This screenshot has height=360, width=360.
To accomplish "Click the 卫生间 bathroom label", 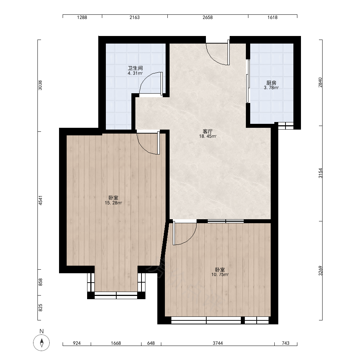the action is click(135, 68).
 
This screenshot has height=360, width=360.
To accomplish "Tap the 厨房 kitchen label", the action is click(271, 83).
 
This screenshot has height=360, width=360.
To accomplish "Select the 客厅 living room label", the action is click(208, 131).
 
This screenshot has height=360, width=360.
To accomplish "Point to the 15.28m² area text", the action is click(113, 203).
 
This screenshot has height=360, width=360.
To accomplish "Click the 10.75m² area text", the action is click(220, 274).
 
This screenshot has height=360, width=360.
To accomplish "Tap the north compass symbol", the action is click(41, 343).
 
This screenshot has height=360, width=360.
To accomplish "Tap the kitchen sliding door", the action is click(248, 81).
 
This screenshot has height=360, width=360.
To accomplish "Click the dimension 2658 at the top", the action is click(208, 17).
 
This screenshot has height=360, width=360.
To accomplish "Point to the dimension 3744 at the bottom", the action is click(218, 343).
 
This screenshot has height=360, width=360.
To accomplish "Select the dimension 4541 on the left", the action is click(40, 200).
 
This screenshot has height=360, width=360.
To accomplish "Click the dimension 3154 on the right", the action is click(320, 173).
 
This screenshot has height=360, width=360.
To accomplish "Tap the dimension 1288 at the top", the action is click(82, 17).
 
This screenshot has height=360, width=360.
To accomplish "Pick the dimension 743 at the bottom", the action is click(285, 343).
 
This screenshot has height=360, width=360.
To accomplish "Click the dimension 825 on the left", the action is click(40, 308).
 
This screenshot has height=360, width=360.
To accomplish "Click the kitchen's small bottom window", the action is click(285, 126).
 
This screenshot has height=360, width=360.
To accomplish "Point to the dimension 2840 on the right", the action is click(320, 82).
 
